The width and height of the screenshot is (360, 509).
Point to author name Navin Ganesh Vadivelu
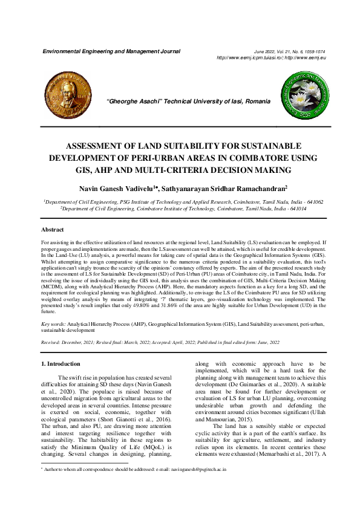(x=116, y=189)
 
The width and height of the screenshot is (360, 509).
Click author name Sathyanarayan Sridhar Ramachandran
(x=224, y=189)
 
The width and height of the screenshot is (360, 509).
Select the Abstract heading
(x=52, y=230)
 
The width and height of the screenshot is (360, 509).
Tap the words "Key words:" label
(x=54, y=325)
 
